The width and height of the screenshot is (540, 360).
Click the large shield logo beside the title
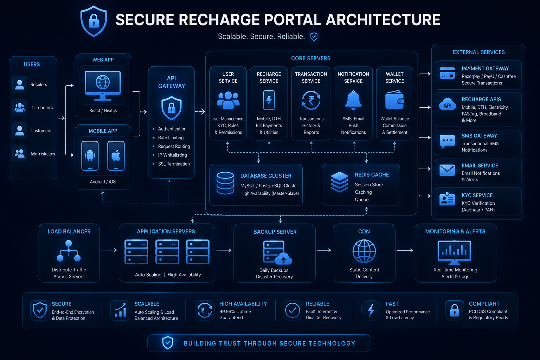pos(94,21)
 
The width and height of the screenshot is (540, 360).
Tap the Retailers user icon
pos(20,84)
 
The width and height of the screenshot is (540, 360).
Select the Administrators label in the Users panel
pos(43,154)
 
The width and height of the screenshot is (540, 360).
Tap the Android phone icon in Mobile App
pos(90,156)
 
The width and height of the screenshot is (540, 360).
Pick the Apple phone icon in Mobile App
pos(116,156)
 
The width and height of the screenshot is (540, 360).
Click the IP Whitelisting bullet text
pos(172,155)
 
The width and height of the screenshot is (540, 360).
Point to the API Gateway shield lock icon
pos(172,108)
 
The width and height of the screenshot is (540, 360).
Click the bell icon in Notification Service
pos(353,100)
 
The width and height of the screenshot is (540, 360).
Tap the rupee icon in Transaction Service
pos(311,100)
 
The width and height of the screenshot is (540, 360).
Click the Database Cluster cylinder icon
pos(225,183)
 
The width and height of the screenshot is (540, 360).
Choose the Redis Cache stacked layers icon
pos(339,182)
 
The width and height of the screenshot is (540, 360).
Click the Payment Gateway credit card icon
pos(447,73)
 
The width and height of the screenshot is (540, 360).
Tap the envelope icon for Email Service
pos(447,170)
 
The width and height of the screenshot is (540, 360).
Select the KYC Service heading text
pos(477,195)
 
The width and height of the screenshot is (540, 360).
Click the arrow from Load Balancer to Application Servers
pos(109,250)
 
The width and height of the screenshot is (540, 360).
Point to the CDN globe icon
pos(364,251)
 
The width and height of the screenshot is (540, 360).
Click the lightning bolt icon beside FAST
pos(371,310)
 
